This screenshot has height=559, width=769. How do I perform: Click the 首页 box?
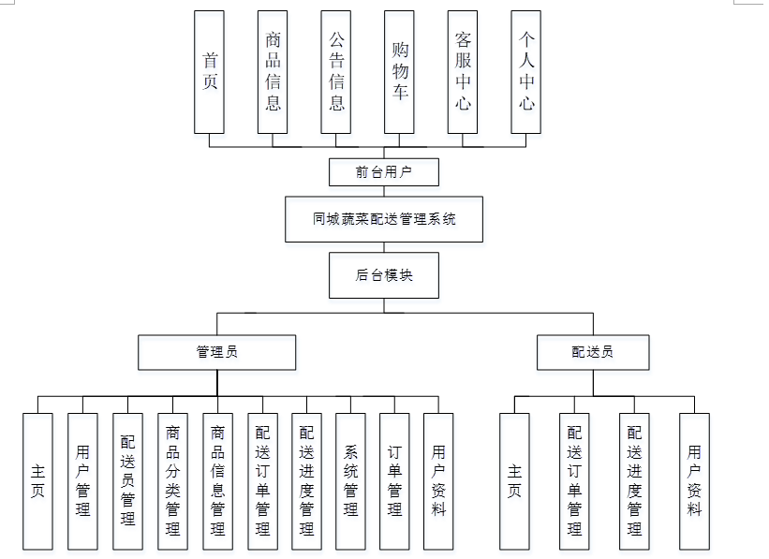tap(210, 72)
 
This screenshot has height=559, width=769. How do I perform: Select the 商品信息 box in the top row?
tap(273, 72)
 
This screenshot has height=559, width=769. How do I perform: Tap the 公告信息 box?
tap(336, 72)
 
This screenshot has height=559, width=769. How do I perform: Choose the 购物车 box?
tap(400, 72)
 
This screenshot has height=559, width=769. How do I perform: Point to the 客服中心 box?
tap(463, 72)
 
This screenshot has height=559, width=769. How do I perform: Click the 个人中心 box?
tap(526, 72)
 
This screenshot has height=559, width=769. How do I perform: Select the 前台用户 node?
tap(384, 172)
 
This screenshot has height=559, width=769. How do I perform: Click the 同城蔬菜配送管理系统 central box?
tap(384, 219)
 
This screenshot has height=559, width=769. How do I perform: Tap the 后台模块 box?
tap(384, 275)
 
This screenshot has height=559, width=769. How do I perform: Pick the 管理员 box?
tap(217, 352)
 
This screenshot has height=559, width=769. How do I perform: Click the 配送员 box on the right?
tap(593, 352)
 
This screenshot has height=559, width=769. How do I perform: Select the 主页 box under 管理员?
tap(37, 481)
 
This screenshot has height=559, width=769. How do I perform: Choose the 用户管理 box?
tap(82, 481)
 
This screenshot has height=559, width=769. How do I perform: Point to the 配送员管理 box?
tap(127, 481)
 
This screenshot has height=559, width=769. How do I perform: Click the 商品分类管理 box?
tap(172, 481)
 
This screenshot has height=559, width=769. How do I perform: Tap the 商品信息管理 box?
tap(217, 481)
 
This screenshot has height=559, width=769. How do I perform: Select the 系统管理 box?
tap(350, 481)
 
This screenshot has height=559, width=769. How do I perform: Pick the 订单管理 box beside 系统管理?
tap(394, 481)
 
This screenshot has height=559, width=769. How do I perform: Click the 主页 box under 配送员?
tap(514, 481)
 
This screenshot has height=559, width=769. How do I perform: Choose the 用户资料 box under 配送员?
tap(694, 481)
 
